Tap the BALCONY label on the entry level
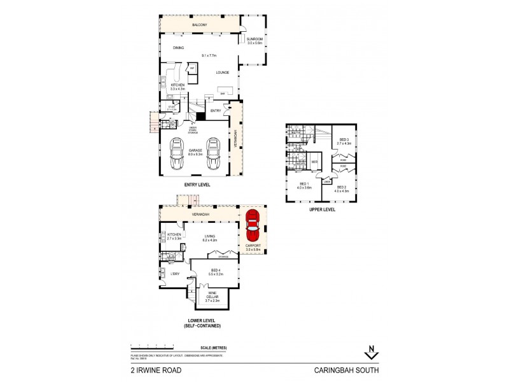click(x=201, y=25)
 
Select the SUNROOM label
click(x=254, y=39)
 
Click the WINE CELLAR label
click(x=212, y=295)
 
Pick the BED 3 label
click(x=344, y=141)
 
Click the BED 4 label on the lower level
click(x=216, y=272)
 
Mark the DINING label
click(x=178, y=48)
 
